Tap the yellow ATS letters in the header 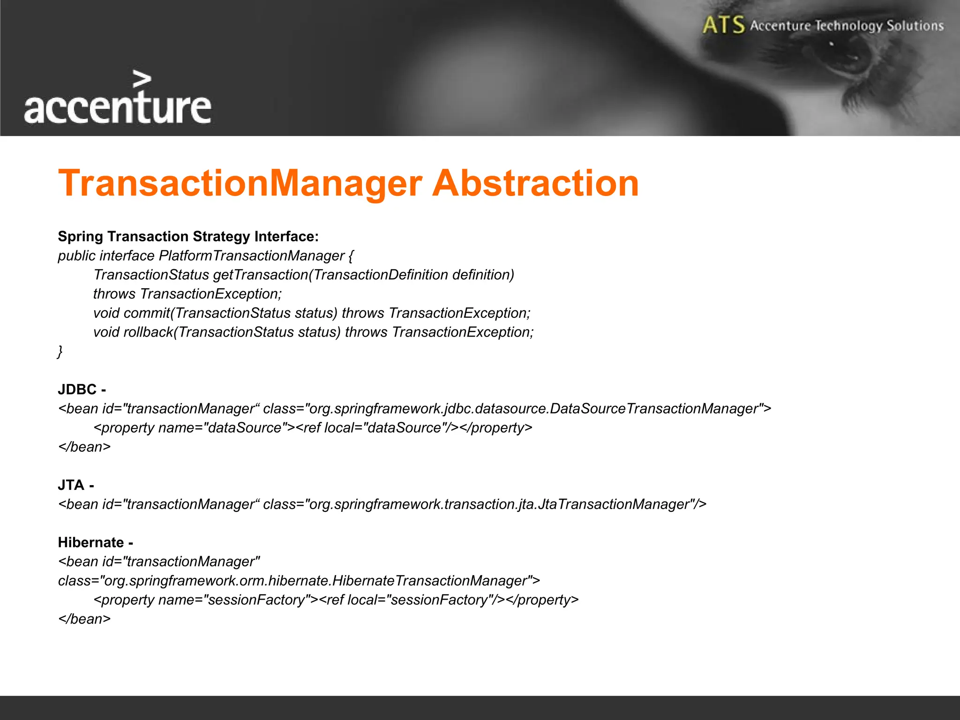pyautogui.click(x=723, y=25)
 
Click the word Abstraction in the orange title pyautogui.click(x=535, y=183)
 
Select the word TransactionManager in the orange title pyautogui.click(x=240, y=183)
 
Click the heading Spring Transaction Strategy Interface pyautogui.click(x=188, y=236)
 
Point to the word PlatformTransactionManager pyautogui.click(x=252, y=255)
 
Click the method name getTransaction pyautogui.click(x=261, y=275)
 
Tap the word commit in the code pyautogui.click(x=147, y=313)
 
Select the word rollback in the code pyautogui.click(x=148, y=332)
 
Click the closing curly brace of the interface pyautogui.click(x=60, y=351)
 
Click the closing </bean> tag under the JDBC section pyautogui.click(x=84, y=447)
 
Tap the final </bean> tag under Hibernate pyautogui.click(x=84, y=619)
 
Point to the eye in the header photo pyautogui.click(x=844, y=56)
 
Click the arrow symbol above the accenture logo pyautogui.click(x=142, y=79)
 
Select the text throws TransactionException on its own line pyautogui.click(x=187, y=294)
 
